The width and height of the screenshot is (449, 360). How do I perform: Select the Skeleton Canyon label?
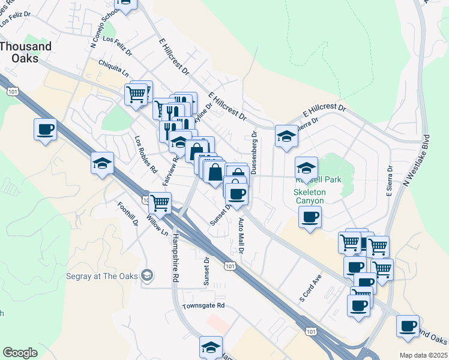click(310, 197)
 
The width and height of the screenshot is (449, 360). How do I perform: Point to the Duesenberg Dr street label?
click(254, 154)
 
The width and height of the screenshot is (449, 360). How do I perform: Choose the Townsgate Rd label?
click(203, 305)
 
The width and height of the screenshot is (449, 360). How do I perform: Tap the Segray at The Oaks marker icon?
click(146, 276)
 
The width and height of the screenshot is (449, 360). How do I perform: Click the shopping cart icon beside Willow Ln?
click(160, 203)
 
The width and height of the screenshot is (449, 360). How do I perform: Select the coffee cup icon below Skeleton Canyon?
click(310, 217)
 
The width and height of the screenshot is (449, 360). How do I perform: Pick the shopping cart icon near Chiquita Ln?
click(136, 94)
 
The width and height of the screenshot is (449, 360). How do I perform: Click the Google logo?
click(20, 353)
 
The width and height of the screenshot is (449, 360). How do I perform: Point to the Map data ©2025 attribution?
click(423, 355)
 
